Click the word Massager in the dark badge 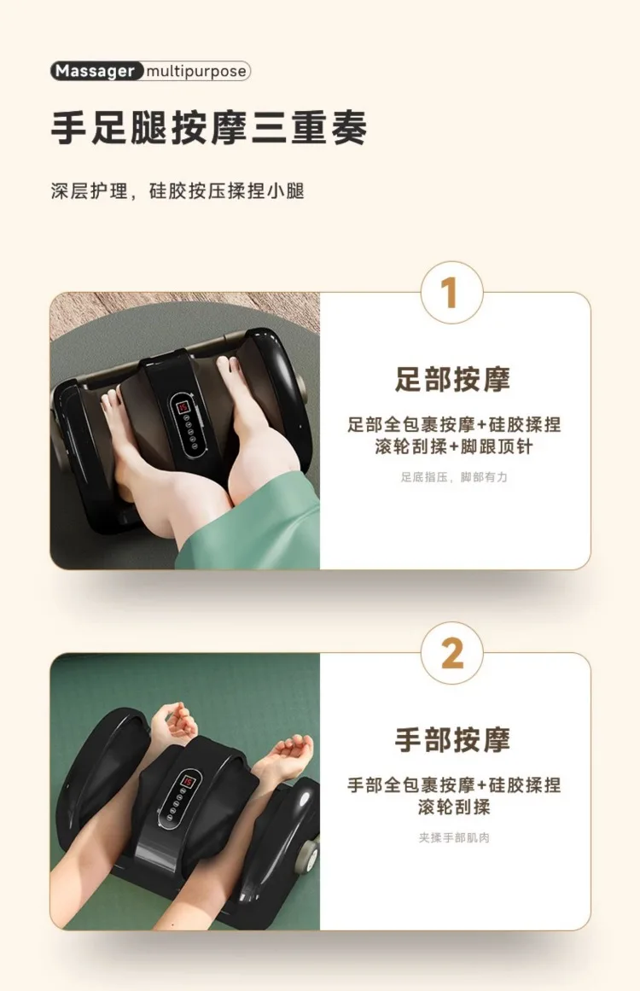[95, 71]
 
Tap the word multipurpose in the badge [196, 72]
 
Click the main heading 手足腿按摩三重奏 [208, 128]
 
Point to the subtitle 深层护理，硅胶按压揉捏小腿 [177, 191]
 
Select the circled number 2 [451, 654]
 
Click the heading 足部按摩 [452, 379]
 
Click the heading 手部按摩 [452, 739]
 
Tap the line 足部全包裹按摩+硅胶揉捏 [454, 424]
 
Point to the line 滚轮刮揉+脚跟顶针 [454, 446]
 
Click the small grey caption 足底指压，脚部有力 [454, 477]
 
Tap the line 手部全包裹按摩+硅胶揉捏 [454, 785]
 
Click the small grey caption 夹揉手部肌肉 [454, 838]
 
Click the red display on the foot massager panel [182, 406]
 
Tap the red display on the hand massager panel [188, 782]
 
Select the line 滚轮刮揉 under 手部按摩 [454, 807]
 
